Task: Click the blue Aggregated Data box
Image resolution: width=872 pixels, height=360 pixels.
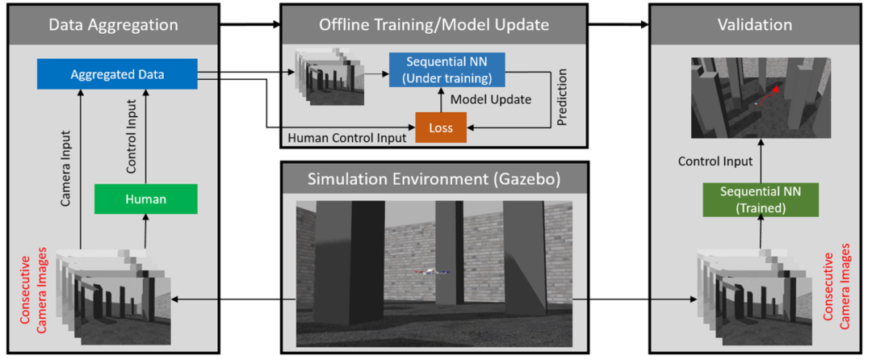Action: point(117,75)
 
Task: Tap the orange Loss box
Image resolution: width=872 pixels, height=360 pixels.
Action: point(441,128)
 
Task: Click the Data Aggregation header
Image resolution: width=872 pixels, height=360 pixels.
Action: point(114,25)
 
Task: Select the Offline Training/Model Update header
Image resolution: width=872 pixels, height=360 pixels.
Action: point(434,25)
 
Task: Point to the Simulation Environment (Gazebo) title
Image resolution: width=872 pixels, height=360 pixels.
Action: point(434,178)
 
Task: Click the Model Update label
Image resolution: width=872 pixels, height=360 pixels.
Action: point(490,100)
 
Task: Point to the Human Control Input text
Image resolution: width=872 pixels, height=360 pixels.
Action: point(346,138)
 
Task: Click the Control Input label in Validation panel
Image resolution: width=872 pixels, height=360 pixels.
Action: point(715,161)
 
